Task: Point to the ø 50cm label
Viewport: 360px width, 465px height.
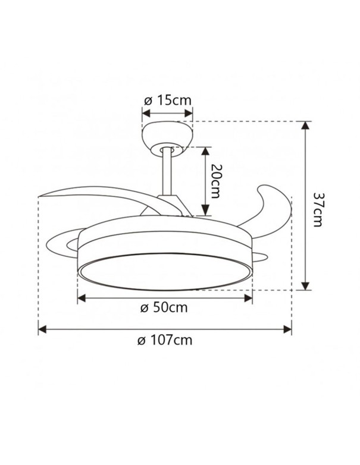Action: [164, 308]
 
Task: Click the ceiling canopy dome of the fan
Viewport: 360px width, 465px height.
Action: [167, 134]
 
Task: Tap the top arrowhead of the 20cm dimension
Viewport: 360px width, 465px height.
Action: [204, 150]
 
